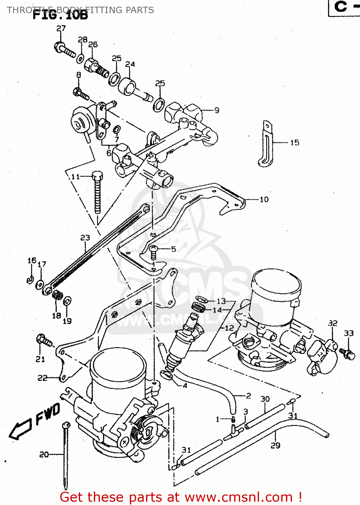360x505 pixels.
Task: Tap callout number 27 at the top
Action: click(61, 29)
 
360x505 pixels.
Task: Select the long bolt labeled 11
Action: click(97, 194)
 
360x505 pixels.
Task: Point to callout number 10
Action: click(264, 199)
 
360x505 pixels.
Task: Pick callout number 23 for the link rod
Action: click(85, 238)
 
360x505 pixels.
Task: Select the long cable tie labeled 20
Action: click(66, 454)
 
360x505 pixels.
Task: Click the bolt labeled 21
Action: click(44, 340)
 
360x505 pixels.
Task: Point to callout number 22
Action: click(42, 378)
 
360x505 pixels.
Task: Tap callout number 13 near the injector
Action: click(221, 301)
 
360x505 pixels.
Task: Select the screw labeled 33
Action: click(348, 353)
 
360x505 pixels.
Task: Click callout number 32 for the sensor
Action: click(332, 323)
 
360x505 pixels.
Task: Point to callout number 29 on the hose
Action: click(275, 445)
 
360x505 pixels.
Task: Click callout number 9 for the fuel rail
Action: click(217, 110)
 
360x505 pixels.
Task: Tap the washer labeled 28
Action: click(80, 59)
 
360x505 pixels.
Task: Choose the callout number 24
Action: click(130, 64)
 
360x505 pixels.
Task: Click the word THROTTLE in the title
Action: click(26, 10)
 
